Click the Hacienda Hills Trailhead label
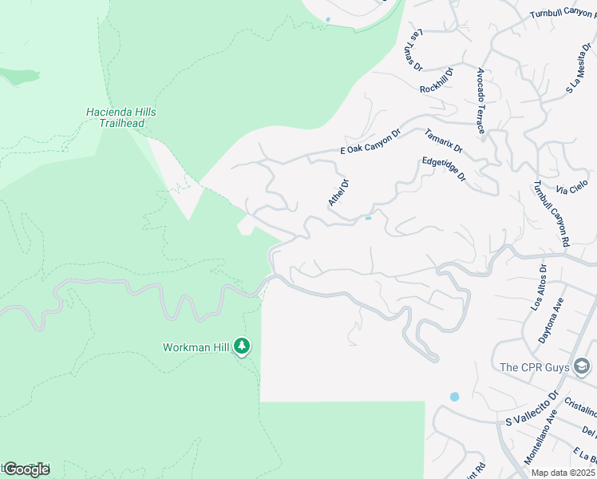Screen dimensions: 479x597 [x=121, y=118]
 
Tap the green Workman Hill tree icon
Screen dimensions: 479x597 [x=242, y=347]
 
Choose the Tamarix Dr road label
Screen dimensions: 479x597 [x=444, y=141]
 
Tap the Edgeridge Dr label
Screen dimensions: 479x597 [x=444, y=168]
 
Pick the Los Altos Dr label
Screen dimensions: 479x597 [x=539, y=287]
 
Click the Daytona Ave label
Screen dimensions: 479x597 [x=555, y=321]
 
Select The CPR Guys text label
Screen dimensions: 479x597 [x=535, y=367]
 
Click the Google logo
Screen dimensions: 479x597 [x=26, y=469]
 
